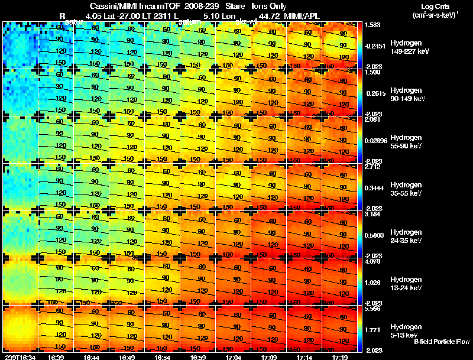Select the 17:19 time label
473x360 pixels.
[340, 357]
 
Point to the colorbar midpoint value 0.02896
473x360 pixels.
[376, 140]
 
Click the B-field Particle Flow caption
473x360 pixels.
[441, 342]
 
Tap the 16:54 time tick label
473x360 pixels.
[163, 357]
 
